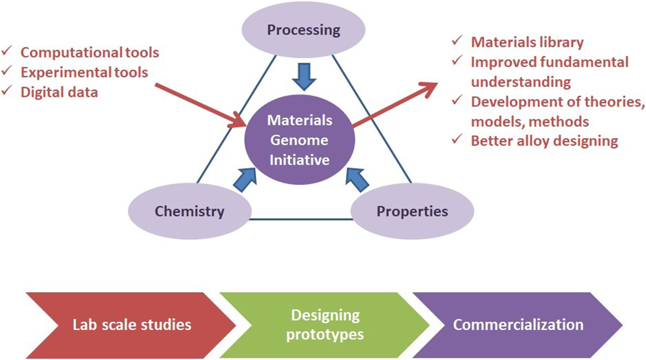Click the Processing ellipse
304,30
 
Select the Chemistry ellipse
190,212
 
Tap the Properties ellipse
412,212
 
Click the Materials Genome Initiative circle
300,140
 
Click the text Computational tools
90,53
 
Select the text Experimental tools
84,72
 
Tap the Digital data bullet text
60,92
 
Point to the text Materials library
527,42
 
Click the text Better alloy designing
544,141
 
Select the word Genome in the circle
300,140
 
